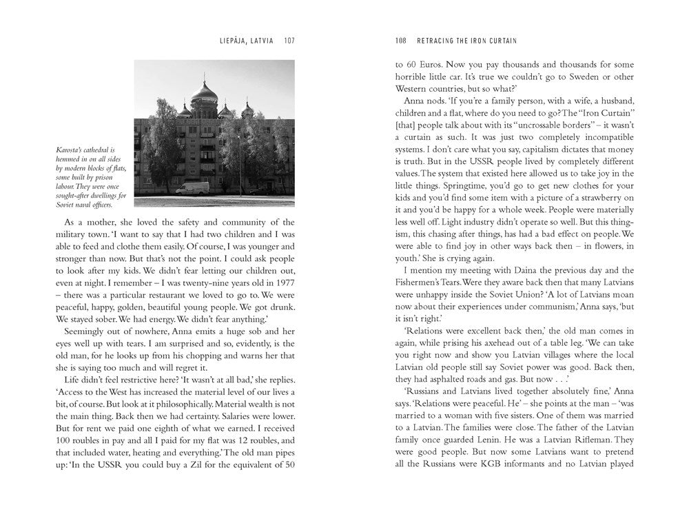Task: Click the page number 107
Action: (x=289, y=40)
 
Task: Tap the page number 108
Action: (x=400, y=40)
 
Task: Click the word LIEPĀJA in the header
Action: (x=233, y=40)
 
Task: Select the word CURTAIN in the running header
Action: (x=503, y=40)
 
